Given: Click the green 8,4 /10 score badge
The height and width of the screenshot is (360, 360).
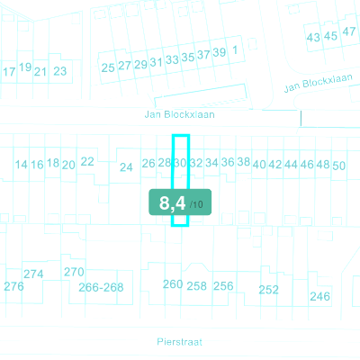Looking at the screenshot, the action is pyautogui.click(x=180, y=202).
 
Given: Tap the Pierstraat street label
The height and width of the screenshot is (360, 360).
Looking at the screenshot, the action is pyautogui.click(x=179, y=342).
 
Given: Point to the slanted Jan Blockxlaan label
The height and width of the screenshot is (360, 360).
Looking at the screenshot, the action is pyautogui.click(x=318, y=83).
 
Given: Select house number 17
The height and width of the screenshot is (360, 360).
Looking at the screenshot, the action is pyautogui.click(x=9, y=72).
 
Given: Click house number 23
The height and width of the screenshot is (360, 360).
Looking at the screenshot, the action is pyautogui.click(x=60, y=71).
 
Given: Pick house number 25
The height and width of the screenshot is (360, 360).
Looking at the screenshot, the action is pyautogui.click(x=108, y=67).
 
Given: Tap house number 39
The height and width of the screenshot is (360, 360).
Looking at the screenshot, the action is pyautogui.click(x=220, y=52).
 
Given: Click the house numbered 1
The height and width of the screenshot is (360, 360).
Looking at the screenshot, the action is pyautogui.click(x=235, y=49).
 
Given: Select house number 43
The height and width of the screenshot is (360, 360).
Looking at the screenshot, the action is pyautogui.click(x=313, y=38).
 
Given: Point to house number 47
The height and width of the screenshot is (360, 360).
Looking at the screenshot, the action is pyautogui.click(x=349, y=31).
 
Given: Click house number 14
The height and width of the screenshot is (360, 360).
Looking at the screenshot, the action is pyautogui.click(x=21, y=165).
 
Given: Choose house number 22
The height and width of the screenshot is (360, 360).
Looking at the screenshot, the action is pyautogui.click(x=87, y=162).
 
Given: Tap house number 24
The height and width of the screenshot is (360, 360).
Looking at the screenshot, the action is pyautogui.click(x=126, y=167).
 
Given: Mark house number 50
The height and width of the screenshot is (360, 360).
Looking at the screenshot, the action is pyautogui.click(x=338, y=166).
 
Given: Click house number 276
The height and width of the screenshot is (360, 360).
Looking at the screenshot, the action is pyautogui.click(x=13, y=286).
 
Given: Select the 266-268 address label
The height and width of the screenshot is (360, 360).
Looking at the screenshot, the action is pyautogui.click(x=101, y=287).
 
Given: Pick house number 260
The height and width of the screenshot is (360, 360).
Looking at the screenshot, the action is pyautogui.click(x=173, y=284).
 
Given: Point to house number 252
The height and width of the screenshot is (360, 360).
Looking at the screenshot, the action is pyautogui.click(x=269, y=290).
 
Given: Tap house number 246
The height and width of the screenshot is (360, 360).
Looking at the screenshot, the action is pyautogui.click(x=320, y=297).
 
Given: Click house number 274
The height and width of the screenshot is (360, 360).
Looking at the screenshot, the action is pyautogui.click(x=33, y=274).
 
